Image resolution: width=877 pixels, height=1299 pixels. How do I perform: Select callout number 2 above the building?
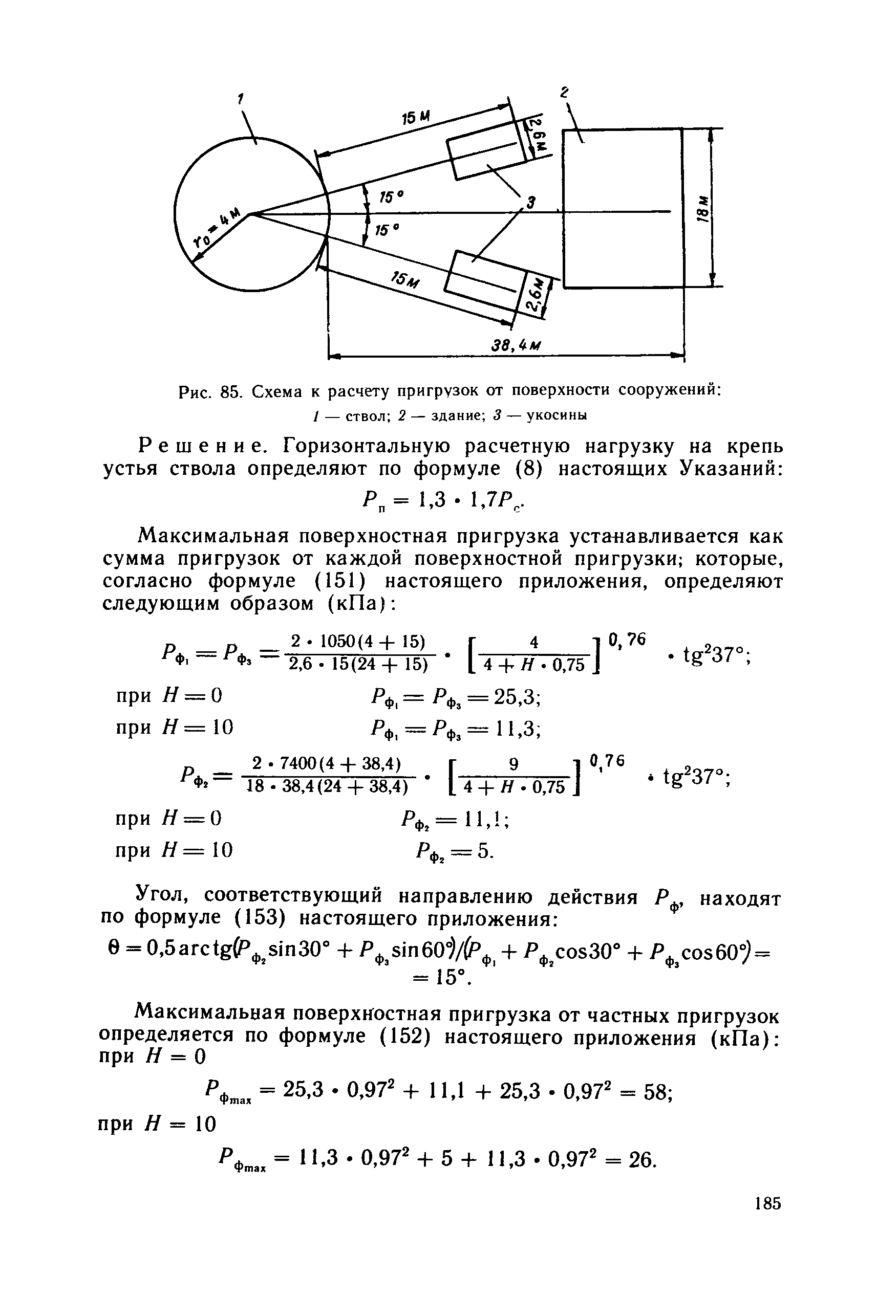pos(565,92)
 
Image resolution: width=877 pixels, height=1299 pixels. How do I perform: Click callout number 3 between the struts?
pos(530,202)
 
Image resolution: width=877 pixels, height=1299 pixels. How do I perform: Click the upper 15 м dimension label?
pos(416,119)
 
